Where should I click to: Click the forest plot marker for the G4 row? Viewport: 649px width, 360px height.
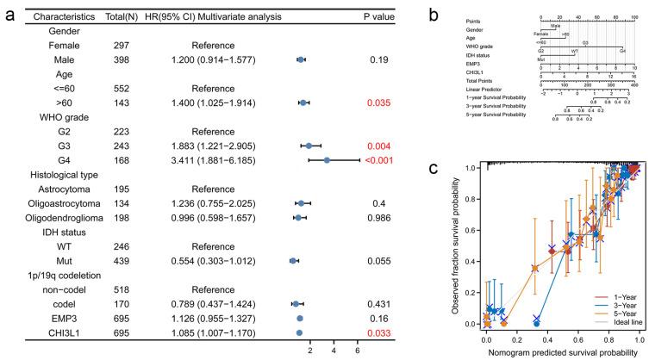327,159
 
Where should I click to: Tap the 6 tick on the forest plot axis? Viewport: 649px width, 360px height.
357,351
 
